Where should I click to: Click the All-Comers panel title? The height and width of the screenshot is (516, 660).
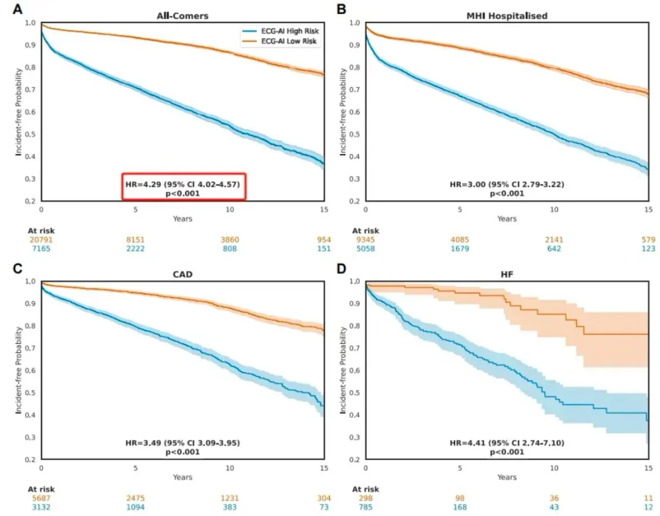182,16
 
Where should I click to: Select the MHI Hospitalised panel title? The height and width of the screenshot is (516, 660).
507,16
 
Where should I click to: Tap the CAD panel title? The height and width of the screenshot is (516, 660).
182,274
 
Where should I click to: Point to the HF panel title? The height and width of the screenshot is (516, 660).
507,274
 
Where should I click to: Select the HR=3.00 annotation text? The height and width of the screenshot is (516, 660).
507,184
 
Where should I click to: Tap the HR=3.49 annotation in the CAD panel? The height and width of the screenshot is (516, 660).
182,443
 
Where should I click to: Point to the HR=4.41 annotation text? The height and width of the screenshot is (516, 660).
507,443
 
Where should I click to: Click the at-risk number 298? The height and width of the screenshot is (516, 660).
366,498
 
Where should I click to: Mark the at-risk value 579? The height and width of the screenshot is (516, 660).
648,240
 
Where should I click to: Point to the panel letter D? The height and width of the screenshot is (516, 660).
342,268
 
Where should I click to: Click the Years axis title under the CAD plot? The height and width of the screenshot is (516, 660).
182,477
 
